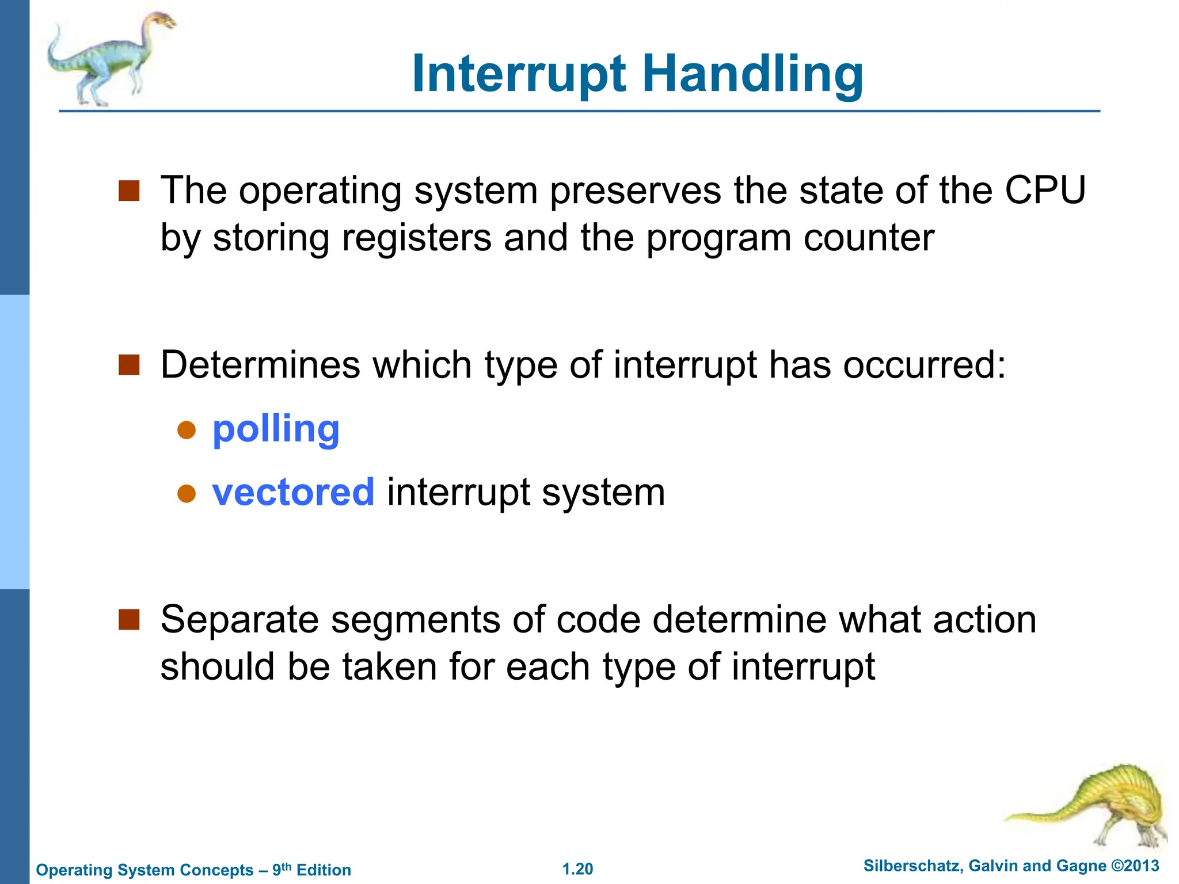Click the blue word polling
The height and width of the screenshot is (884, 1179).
point(276,429)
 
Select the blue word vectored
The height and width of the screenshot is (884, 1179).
point(293,493)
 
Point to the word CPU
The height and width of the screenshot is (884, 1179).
point(1045,190)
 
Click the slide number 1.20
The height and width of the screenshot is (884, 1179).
point(577,869)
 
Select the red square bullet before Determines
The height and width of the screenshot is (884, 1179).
point(129,365)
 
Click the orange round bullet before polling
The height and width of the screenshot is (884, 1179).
point(187,430)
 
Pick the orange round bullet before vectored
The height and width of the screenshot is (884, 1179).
point(187,493)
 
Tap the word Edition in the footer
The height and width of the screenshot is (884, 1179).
point(324,870)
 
